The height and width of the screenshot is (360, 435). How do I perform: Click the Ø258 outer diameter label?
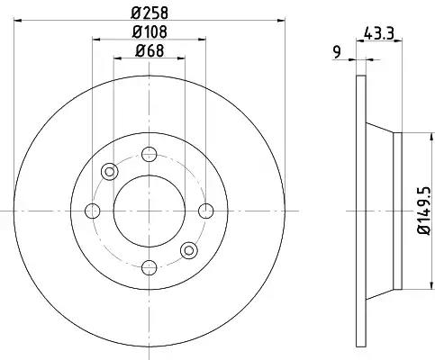[x=150, y=13]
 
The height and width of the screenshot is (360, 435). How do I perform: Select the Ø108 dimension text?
[x=150, y=31]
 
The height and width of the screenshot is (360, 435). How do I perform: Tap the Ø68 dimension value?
[x=150, y=50]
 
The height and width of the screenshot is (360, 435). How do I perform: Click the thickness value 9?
[x=338, y=52]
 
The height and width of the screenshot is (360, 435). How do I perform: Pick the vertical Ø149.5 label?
[x=424, y=211]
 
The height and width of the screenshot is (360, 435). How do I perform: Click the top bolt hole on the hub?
[x=150, y=154]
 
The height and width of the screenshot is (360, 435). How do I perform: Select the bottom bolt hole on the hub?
[x=150, y=267]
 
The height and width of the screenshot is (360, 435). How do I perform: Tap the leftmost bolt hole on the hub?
[x=93, y=211]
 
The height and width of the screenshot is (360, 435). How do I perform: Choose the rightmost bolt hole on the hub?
[x=206, y=211]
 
